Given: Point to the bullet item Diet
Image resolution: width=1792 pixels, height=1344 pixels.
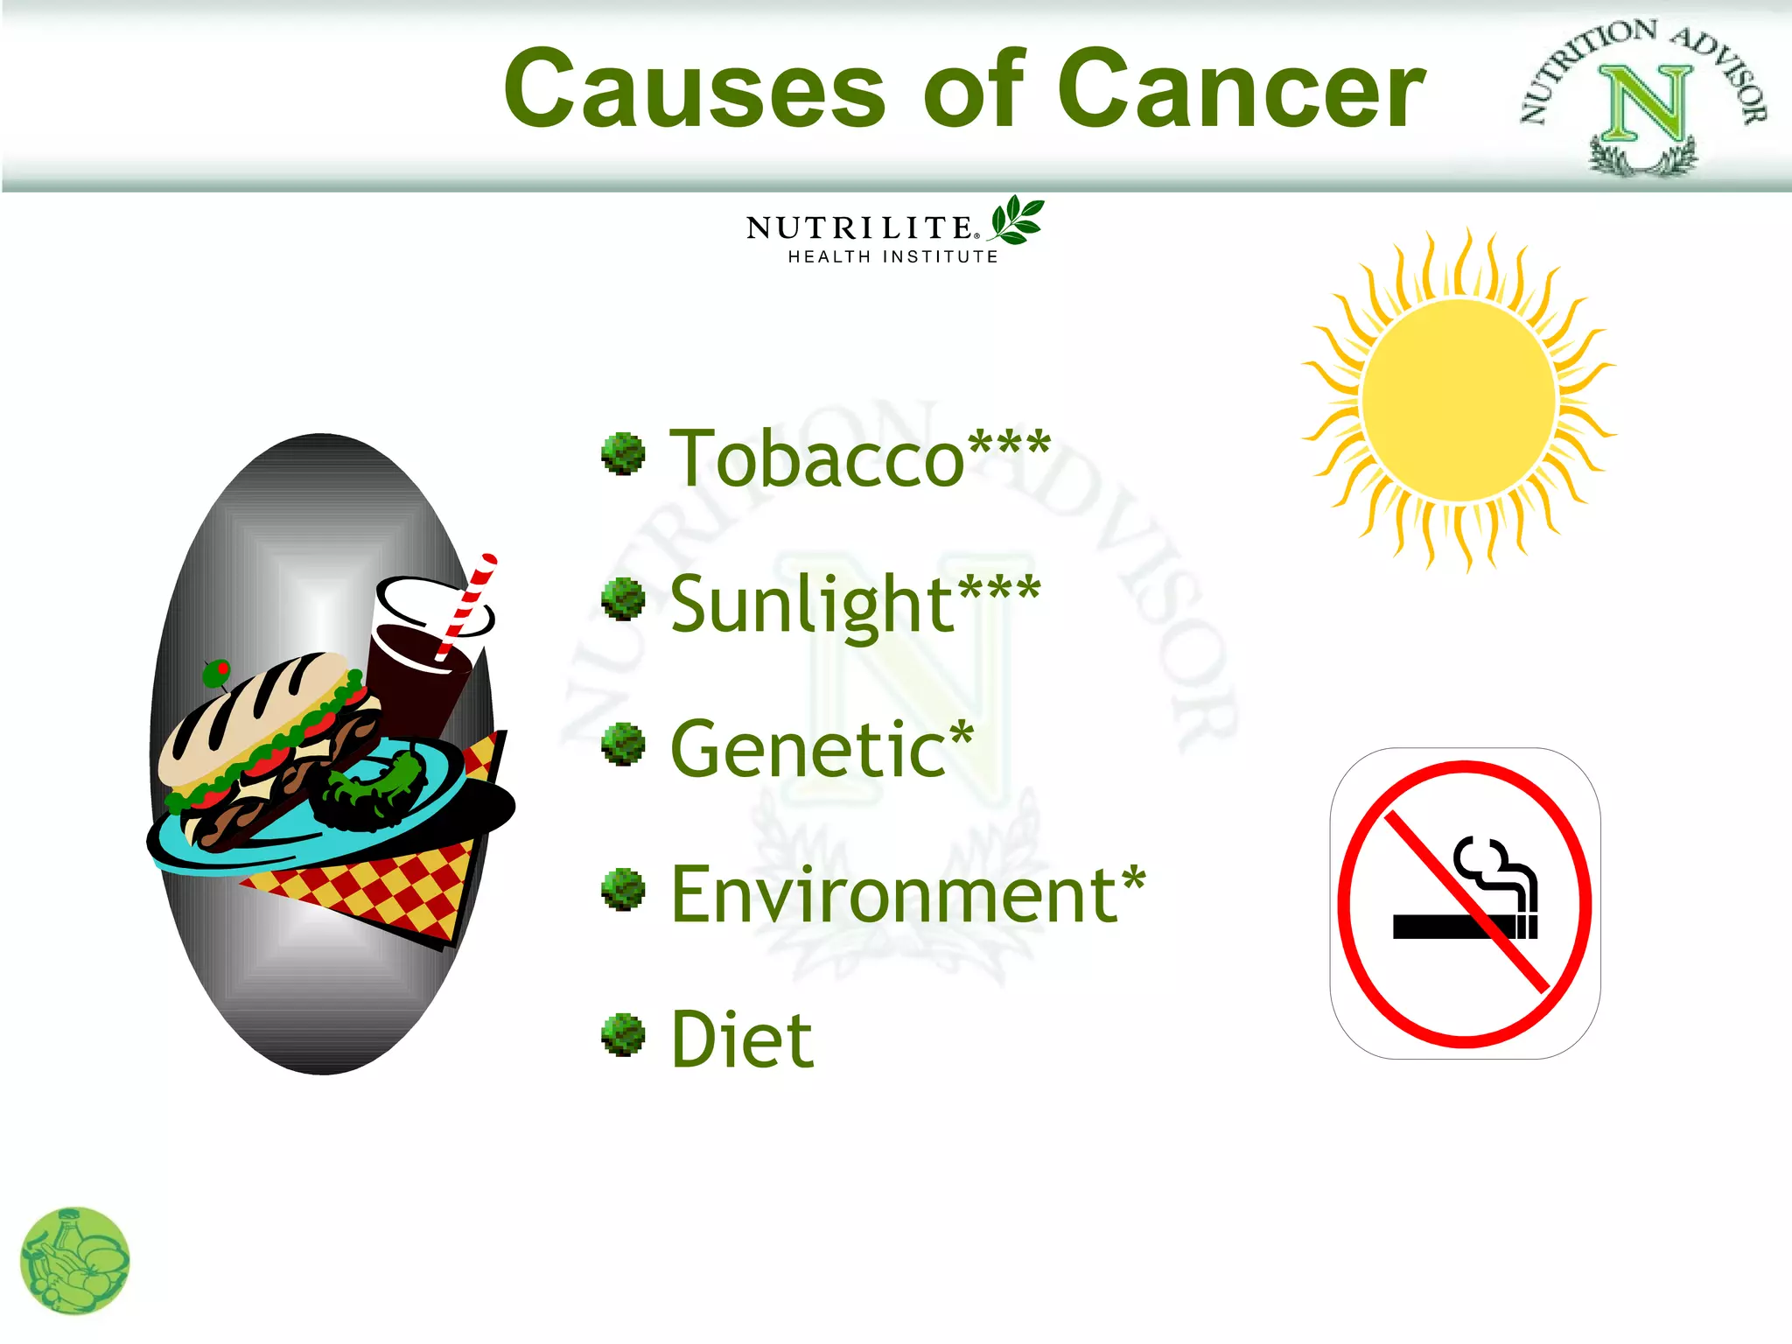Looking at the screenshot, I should coord(742,1039).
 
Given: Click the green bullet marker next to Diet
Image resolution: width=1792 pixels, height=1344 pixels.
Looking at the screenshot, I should coord(623,1035).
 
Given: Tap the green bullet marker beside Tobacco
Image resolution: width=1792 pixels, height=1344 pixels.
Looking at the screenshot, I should coord(623,454).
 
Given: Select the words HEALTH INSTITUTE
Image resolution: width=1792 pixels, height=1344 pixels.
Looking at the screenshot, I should coord(892,257).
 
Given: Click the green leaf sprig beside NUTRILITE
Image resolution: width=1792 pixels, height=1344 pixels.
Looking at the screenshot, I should coord(1017,220).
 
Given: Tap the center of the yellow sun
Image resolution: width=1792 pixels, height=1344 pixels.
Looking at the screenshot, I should coord(1459,401).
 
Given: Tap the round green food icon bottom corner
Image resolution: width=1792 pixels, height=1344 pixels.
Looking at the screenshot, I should coord(74,1261).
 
